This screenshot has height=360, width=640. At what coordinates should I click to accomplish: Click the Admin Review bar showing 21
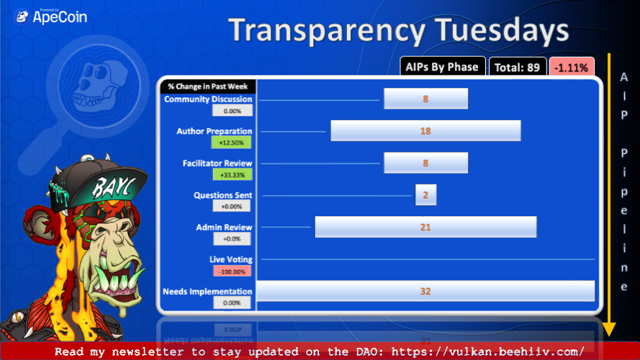[x=425, y=227]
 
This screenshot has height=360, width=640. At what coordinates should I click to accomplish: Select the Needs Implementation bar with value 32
[x=425, y=291]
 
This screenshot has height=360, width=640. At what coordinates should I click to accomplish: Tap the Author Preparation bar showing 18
[x=425, y=130]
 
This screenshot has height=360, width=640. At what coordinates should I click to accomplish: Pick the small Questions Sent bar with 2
[x=425, y=194]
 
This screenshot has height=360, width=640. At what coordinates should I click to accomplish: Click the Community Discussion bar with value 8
[x=425, y=99]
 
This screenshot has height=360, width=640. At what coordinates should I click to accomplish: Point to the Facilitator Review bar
[x=425, y=163]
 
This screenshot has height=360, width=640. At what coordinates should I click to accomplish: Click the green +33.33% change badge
[x=233, y=175]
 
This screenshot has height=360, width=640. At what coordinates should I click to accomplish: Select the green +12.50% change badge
[x=231, y=143]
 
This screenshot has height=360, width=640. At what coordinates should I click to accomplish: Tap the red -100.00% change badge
[x=232, y=271]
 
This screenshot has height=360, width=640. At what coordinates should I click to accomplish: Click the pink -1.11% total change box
[x=572, y=67]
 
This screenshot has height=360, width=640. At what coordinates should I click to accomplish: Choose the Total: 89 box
[x=517, y=67]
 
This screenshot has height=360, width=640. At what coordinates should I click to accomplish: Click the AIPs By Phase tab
[x=442, y=66]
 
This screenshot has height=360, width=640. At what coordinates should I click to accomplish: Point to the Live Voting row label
[x=230, y=259]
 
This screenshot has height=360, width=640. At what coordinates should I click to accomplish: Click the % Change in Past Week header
[x=208, y=86]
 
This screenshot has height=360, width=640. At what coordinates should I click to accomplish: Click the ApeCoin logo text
[x=60, y=17]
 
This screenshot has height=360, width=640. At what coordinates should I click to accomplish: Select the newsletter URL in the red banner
[x=488, y=351]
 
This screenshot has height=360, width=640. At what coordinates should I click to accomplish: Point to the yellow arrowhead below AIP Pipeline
[x=609, y=329]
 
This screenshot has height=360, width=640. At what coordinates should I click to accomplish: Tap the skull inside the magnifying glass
[x=97, y=84]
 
